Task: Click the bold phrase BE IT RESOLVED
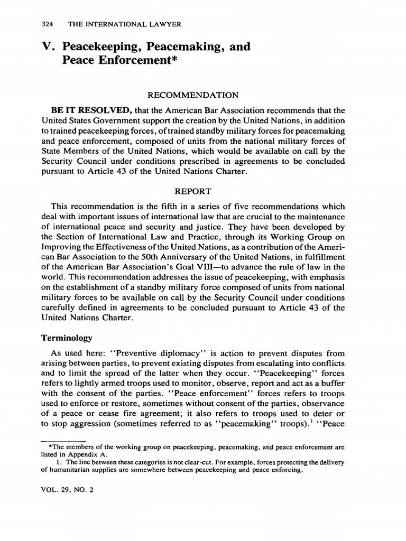(x=88, y=110)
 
